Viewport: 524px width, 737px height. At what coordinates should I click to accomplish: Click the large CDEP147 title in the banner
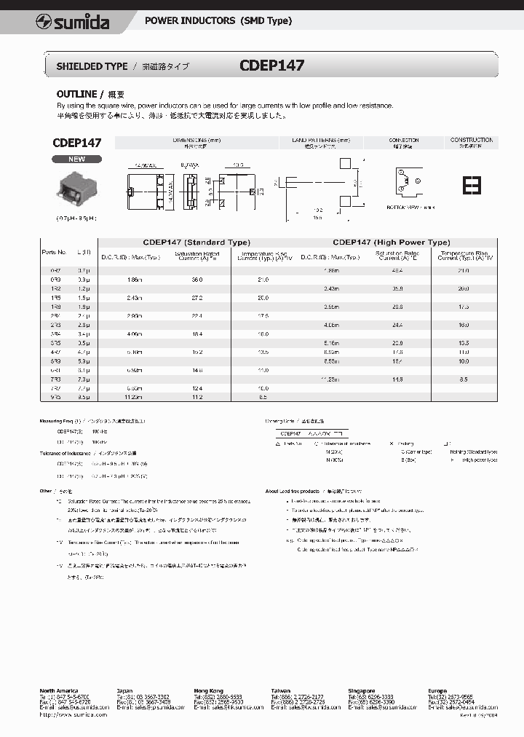[x=271, y=66]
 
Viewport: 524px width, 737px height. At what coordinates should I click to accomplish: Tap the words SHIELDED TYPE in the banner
[x=92, y=66]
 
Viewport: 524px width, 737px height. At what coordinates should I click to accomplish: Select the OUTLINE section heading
[x=77, y=94]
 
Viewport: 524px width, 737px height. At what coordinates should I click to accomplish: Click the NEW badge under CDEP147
[x=76, y=159]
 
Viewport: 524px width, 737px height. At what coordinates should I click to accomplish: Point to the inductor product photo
[x=76, y=188]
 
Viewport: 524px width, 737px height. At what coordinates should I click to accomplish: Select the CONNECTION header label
[x=404, y=140]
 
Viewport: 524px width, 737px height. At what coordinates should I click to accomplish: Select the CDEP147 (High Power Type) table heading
[x=391, y=243]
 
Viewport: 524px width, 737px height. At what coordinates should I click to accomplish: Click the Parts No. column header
[x=54, y=252]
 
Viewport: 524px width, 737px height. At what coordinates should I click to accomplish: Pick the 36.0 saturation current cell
[x=196, y=280]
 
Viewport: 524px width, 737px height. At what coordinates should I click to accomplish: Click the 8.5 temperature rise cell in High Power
[x=464, y=379]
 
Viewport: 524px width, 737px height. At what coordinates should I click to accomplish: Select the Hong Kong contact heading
[x=208, y=690]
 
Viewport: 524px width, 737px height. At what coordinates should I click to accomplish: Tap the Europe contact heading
[x=439, y=690]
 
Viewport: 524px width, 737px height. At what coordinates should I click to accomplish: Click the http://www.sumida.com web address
[x=74, y=714]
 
